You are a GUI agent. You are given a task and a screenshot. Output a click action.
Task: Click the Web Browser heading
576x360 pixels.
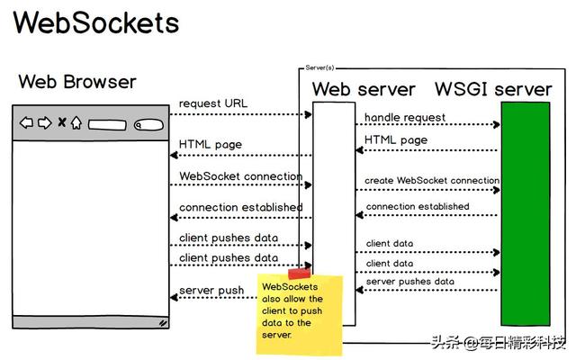pos(77,83)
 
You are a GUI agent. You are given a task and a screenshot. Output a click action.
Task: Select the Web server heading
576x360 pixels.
pos(364,89)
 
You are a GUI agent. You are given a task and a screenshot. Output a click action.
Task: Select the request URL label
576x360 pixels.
pos(213,103)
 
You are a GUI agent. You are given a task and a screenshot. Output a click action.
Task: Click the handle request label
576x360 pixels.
pos(405,118)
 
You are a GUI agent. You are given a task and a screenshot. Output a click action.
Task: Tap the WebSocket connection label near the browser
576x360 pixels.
pos(240,176)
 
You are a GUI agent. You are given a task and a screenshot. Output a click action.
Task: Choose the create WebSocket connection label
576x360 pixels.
pos(431,181)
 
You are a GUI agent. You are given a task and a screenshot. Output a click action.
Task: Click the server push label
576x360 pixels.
pos(211,291)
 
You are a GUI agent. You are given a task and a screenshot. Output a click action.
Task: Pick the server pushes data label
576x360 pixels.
pos(410,282)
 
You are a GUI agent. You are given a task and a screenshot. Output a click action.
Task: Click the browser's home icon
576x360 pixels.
pos(76,122)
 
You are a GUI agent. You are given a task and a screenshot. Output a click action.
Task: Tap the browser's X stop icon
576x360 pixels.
pos(61,122)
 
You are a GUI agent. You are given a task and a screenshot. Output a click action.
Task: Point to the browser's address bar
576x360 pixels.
pos(106,124)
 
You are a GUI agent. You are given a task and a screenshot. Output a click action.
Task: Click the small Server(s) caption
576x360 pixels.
pos(320,68)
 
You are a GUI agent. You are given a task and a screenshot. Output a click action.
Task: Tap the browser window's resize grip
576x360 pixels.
pos(163,320)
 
